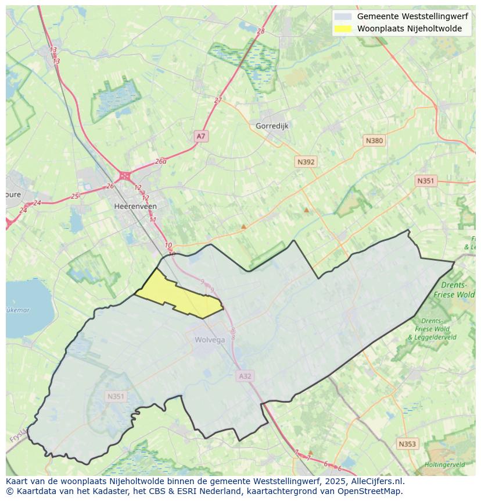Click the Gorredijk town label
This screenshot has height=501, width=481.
point(272,126)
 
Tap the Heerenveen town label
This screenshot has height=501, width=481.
point(135,206)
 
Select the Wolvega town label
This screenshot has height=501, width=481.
point(210,340)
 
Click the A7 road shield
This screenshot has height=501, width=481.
point(200,136)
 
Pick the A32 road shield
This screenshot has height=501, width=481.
point(245,376)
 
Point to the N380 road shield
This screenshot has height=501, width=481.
point(374,141)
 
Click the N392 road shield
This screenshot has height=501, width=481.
point(306,162)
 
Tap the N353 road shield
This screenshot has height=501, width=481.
point(407,444)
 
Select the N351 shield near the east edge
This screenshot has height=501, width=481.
point(425,181)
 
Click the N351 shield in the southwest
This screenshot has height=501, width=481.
point(116,396)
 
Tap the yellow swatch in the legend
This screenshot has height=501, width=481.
point(343,29)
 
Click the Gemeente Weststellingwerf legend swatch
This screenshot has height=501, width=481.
point(343,16)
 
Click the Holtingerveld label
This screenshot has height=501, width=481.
point(444,465)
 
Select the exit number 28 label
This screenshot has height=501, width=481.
point(260,31)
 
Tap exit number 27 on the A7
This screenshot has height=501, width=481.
point(218,100)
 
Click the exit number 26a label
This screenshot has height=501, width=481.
point(161,162)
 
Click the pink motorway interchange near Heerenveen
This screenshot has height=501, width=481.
point(124,175)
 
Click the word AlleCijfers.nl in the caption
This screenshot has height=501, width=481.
point(375,481)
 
